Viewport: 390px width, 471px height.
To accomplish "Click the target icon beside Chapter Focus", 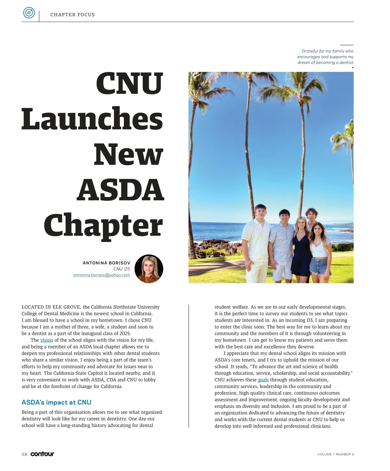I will (x=29, y=13).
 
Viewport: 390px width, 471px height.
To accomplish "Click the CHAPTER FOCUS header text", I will (x=72, y=15).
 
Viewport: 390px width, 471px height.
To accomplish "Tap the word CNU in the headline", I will (x=129, y=83).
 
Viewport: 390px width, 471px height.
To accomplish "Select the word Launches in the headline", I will (x=92, y=119).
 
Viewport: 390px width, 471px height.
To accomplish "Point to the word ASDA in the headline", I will (x=121, y=190).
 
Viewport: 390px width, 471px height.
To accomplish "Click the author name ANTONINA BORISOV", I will (x=106, y=263).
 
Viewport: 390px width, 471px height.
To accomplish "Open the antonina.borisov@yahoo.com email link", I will (x=101, y=275).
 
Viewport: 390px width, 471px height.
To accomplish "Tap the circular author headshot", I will (x=149, y=269).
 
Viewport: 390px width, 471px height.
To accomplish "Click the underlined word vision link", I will (x=46, y=340).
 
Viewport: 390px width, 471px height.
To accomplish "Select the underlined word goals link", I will (x=263, y=380).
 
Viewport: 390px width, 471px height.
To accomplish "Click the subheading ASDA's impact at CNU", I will (x=56, y=402).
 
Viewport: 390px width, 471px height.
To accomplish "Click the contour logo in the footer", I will (x=42, y=454).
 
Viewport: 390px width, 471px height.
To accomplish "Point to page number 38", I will (x=24, y=454).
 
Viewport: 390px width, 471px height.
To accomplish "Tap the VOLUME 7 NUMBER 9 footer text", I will (x=335, y=454).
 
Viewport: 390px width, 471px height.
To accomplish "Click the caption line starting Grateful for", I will (x=327, y=51).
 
